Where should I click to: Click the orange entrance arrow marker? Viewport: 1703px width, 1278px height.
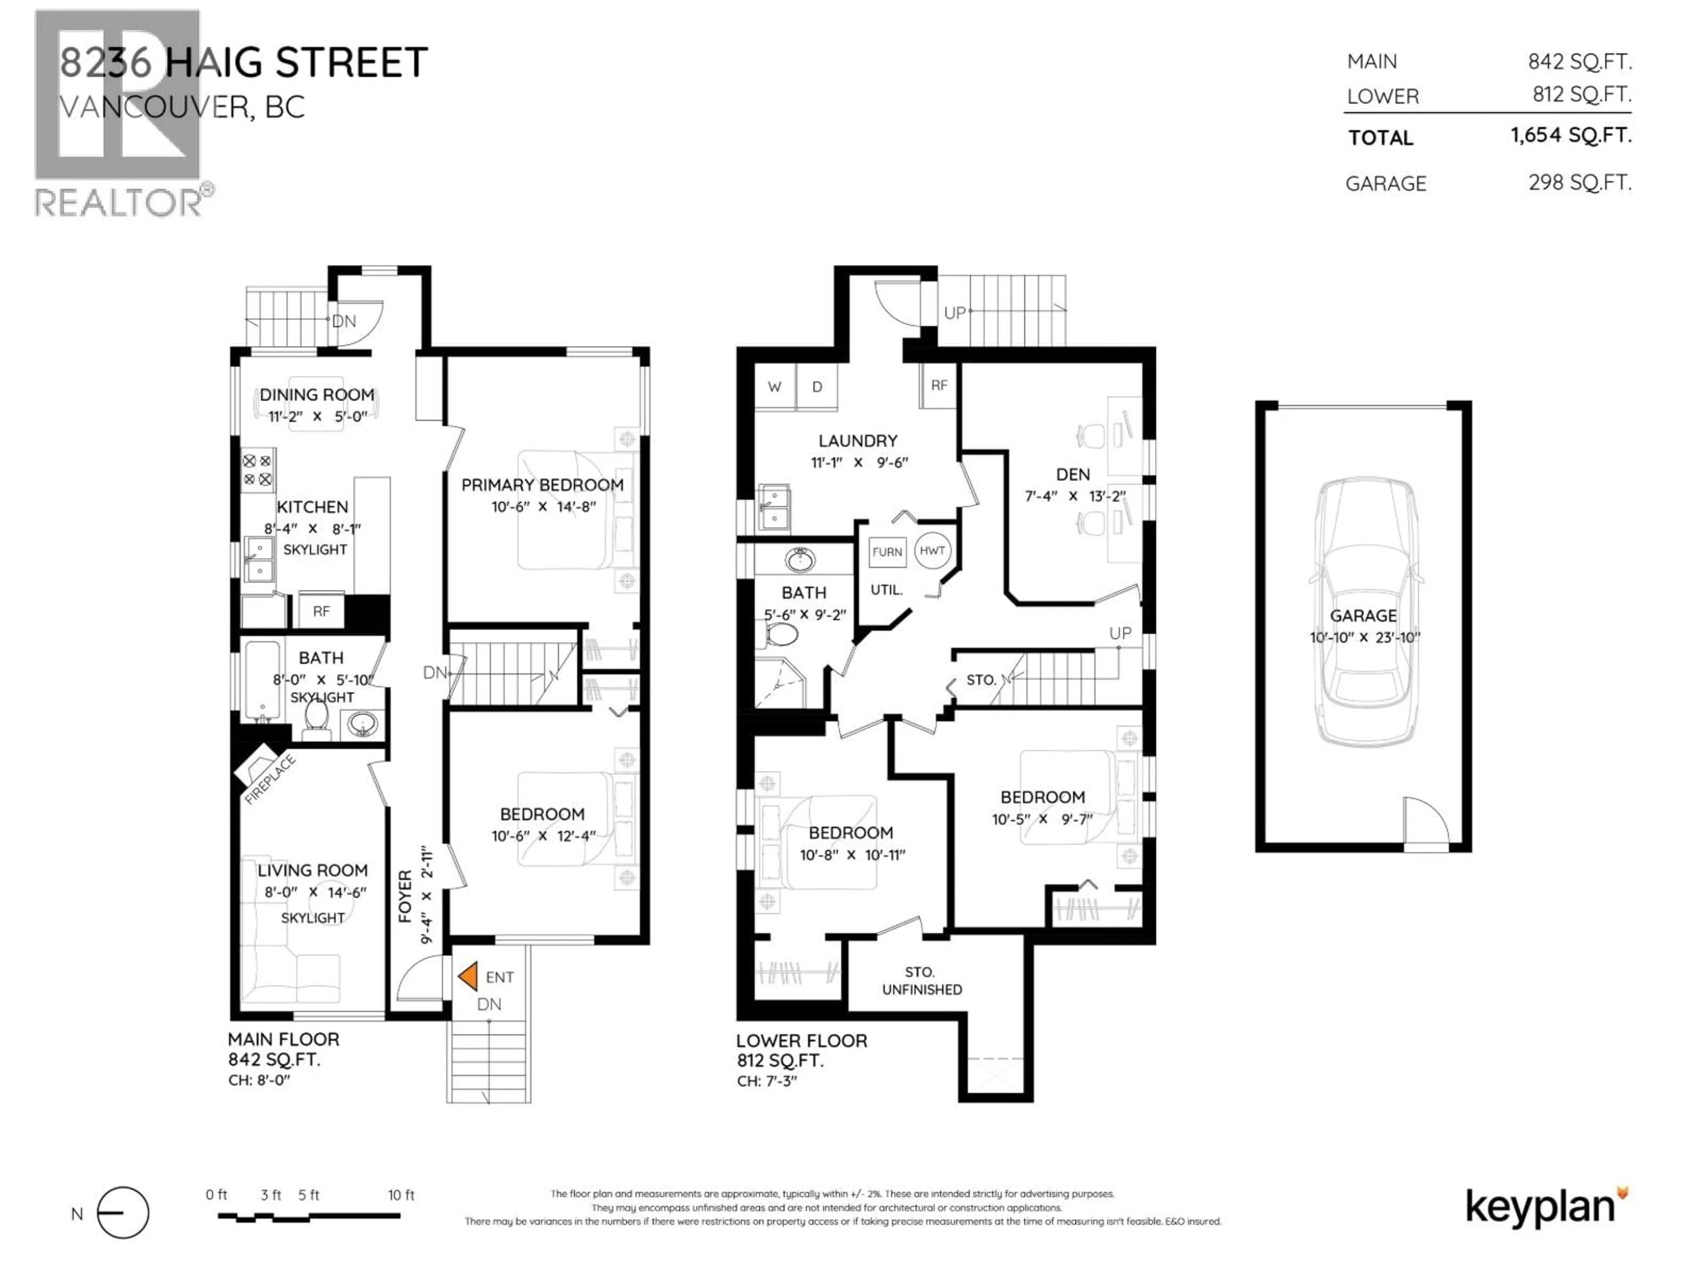pos(468,977)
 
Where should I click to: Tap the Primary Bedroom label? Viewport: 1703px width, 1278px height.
pos(542,485)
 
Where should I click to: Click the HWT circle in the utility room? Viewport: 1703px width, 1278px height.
pos(932,551)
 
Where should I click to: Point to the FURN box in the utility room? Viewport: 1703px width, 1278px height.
pos(887,552)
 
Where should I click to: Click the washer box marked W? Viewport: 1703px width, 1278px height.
pos(774,387)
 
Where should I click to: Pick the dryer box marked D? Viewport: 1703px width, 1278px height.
pos(817,387)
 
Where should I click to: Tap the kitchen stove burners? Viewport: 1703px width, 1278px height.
pos(257,470)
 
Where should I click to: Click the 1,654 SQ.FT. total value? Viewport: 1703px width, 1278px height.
pos(1570,136)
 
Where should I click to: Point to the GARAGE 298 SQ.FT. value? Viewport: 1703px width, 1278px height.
pos(1580,182)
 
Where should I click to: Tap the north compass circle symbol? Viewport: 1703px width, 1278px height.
pos(123,1213)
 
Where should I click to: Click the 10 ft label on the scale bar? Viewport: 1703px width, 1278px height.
pos(401,1195)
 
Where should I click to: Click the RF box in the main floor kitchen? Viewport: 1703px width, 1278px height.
pos(321,611)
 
